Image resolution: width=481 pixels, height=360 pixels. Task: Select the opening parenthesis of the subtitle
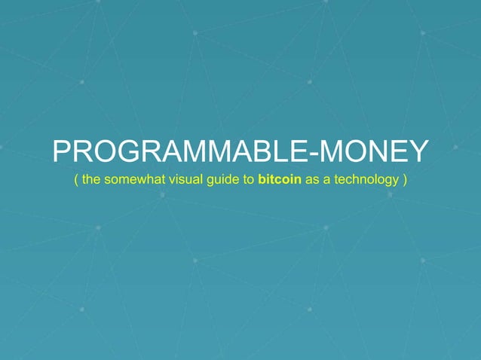point(75,182)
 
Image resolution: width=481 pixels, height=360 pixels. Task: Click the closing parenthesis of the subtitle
point(406,182)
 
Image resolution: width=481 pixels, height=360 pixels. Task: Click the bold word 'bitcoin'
point(280,182)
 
